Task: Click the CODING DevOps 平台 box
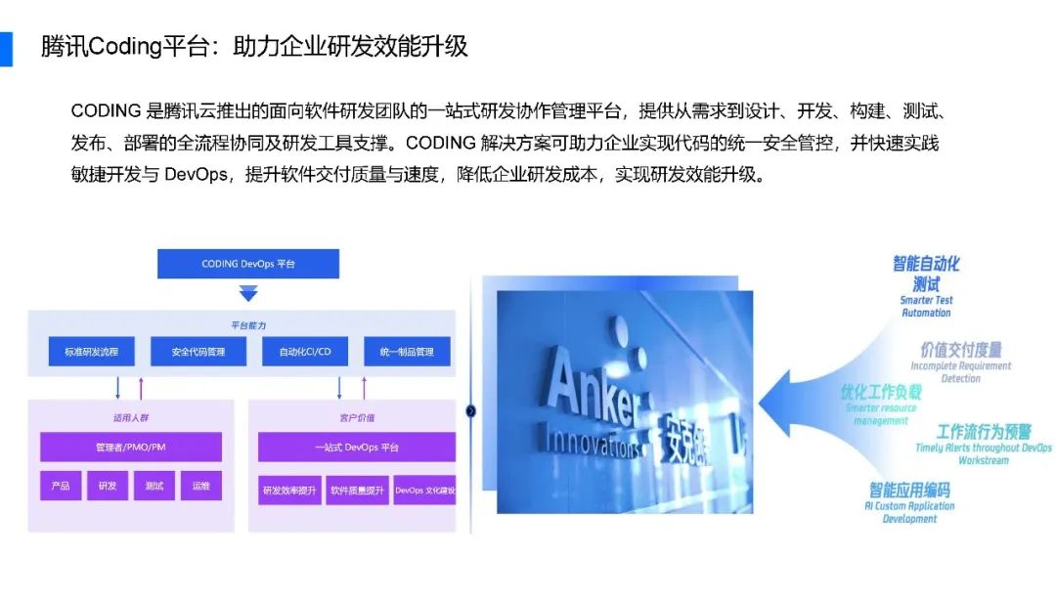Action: pos(248,264)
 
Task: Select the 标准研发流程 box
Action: pos(92,351)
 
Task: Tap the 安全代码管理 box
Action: pos(198,351)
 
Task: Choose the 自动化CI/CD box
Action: pos(305,351)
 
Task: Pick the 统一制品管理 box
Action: pos(407,351)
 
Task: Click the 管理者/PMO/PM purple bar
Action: pos(130,447)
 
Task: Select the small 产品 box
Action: pos(61,486)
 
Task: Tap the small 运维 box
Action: pos(200,486)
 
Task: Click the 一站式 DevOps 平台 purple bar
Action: pos(357,447)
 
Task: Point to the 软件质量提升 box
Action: pos(357,490)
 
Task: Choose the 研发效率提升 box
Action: pos(289,490)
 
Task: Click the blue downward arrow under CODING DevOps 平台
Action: pos(248,292)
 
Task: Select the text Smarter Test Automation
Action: pos(926,307)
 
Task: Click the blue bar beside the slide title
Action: pos(6,48)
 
